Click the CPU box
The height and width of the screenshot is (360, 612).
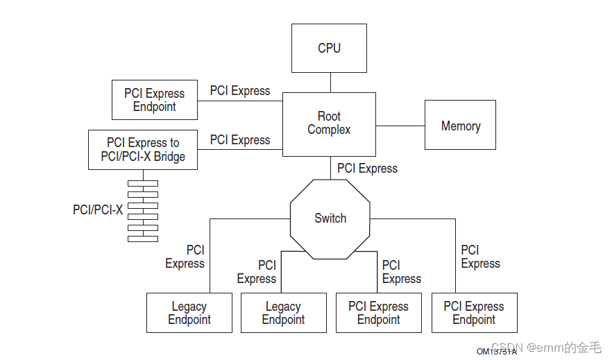(329, 48)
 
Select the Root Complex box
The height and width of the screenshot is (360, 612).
(329, 123)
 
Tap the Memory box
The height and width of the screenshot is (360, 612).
(460, 125)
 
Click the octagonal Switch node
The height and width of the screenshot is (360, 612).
(330, 218)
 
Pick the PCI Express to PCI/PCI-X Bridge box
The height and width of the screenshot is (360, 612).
(143, 150)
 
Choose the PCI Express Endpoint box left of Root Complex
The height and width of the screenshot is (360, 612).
(154, 100)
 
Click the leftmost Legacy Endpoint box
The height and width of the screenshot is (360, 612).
(189, 313)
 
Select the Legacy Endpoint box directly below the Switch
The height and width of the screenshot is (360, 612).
(283, 313)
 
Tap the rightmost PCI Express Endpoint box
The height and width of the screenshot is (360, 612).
(474, 313)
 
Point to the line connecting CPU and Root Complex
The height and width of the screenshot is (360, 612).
(330, 83)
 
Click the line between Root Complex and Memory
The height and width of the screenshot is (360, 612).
(400, 126)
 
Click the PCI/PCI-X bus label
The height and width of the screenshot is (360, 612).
(98, 209)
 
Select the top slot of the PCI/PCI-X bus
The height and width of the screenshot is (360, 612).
(143, 184)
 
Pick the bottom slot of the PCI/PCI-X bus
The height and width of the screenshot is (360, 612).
(143, 239)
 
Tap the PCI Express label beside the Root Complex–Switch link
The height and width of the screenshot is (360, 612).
(367, 169)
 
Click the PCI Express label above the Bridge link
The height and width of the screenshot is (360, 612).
(240, 140)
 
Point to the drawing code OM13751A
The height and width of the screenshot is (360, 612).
(495, 352)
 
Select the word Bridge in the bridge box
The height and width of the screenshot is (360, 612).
(169, 157)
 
